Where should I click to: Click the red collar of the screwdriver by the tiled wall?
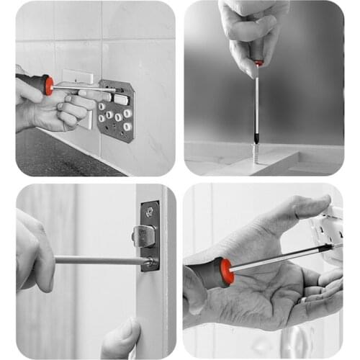point(48,85)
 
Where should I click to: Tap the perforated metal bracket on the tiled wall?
point(117,112)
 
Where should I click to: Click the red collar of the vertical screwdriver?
point(258,65)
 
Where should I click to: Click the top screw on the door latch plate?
point(150,212)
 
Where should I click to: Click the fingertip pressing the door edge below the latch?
point(121,335)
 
